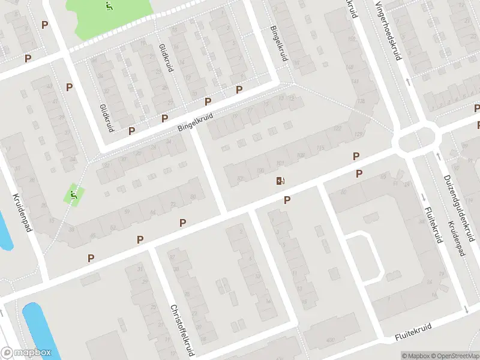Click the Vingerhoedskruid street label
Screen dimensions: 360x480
click(388, 30)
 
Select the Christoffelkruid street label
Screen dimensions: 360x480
click(184, 330)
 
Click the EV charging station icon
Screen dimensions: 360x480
click(280, 181)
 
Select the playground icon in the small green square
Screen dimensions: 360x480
click(73, 195)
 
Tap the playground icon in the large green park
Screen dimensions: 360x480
click(109, 7)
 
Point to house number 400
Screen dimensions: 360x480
click(329, 340)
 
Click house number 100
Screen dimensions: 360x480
click(260, 172)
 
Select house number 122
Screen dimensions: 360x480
click(338, 128)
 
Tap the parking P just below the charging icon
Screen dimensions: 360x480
click(287, 200)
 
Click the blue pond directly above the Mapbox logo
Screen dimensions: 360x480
click(41, 327)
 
